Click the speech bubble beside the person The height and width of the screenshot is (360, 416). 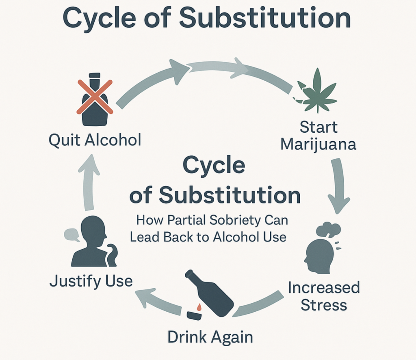(x=71, y=235)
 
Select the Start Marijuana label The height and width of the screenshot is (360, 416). (x=318, y=136)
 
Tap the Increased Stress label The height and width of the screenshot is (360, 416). (x=324, y=296)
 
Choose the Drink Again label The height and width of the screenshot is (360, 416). (x=210, y=337)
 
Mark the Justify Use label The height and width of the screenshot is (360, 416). (x=91, y=280)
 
